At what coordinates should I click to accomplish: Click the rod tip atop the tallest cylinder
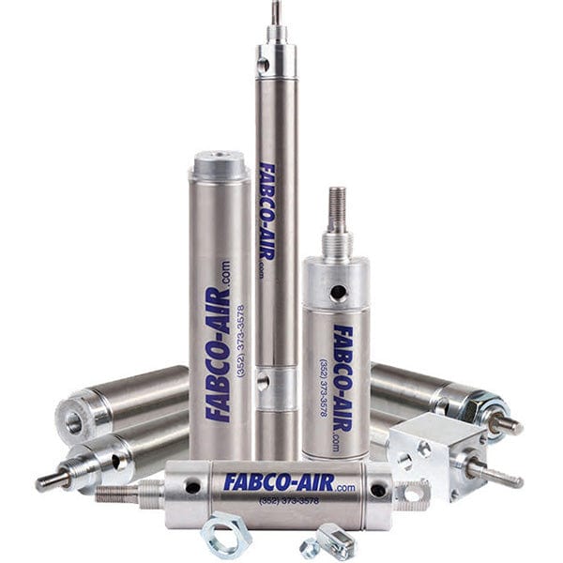(x=276, y=12)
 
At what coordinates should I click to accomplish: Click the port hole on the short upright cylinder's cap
(x=343, y=293)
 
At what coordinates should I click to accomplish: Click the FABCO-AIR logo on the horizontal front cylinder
(x=281, y=482)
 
